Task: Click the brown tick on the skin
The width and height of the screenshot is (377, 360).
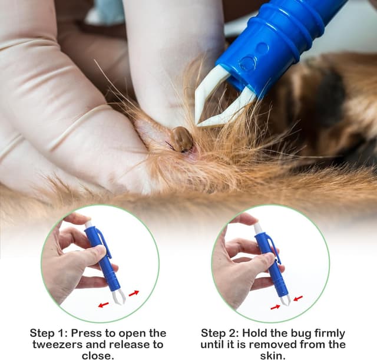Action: pyautogui.click(x=181, y=139)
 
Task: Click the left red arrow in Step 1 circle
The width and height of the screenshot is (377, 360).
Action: pyautogui.click(x=104, y=305)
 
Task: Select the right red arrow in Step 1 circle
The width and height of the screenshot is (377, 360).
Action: pyautogui.click(x=134, y=293)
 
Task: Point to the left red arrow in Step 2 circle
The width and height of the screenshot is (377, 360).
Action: pyautogui.click(x=276, y=307)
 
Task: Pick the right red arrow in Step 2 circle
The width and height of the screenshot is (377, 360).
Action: pyautogui.click(x=297, y=299)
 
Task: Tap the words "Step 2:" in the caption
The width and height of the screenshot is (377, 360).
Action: pyautogui.click(x=220, y=333)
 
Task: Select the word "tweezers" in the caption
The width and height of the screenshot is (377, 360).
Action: pyautogui.click(x=58, y=344)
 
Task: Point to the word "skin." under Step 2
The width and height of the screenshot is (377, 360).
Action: pyautogui.click(x=273, y=355)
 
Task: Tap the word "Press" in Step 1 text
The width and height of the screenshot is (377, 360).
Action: pyautogui.click(x=85, y=333)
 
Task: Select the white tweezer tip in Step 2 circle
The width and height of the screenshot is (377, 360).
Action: pyautogui.click(x=286, y=300)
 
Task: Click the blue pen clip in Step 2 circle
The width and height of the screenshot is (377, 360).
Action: pyautogui.click(x=275, y=249)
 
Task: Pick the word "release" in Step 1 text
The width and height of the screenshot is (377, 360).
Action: pyautogui.click(x=127, y=344)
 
